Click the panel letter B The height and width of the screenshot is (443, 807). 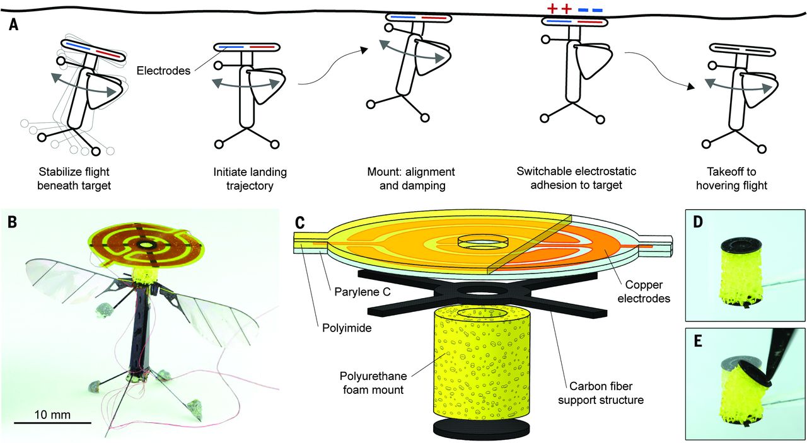13,221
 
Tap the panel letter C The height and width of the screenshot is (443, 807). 300,221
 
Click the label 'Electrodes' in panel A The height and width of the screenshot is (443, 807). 163,71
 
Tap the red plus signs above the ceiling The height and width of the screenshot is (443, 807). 559,9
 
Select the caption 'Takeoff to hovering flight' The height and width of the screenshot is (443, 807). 737,179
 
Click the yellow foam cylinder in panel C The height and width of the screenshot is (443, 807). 479,365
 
